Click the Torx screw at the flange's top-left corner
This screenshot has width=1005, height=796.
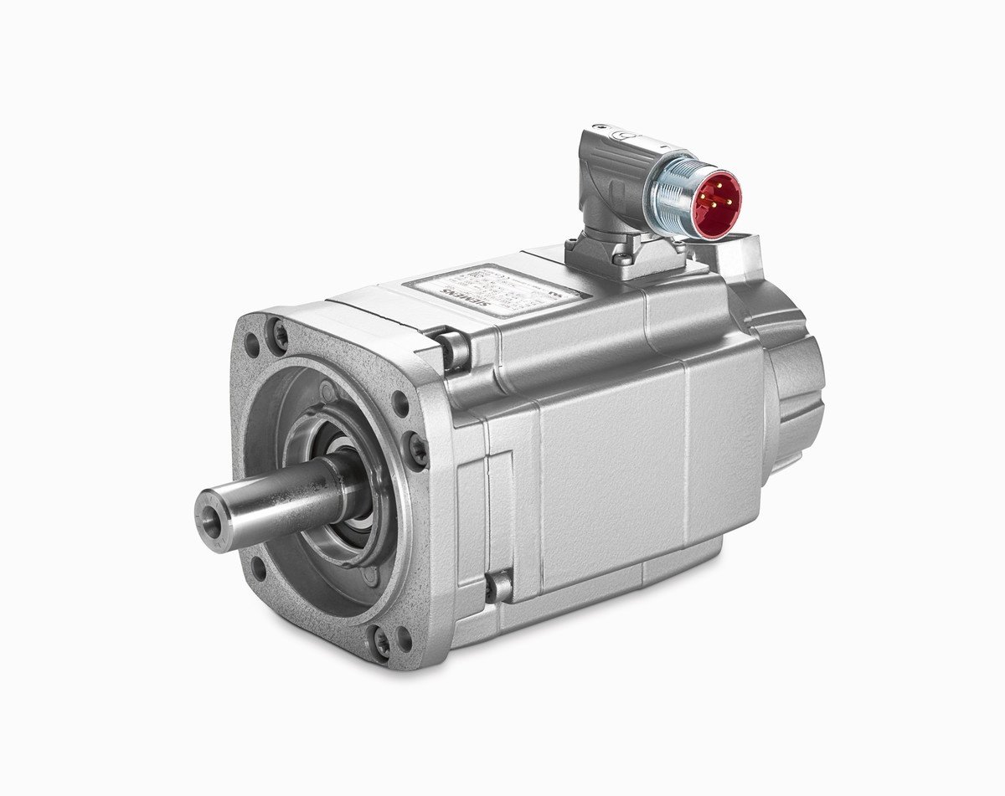point(280,335)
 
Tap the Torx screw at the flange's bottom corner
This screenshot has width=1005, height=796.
point(382,643)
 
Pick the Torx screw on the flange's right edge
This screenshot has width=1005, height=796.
point(417,449)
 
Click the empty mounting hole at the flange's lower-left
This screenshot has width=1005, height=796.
point(259,568)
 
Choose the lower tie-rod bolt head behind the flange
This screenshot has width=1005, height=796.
point(499,585)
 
